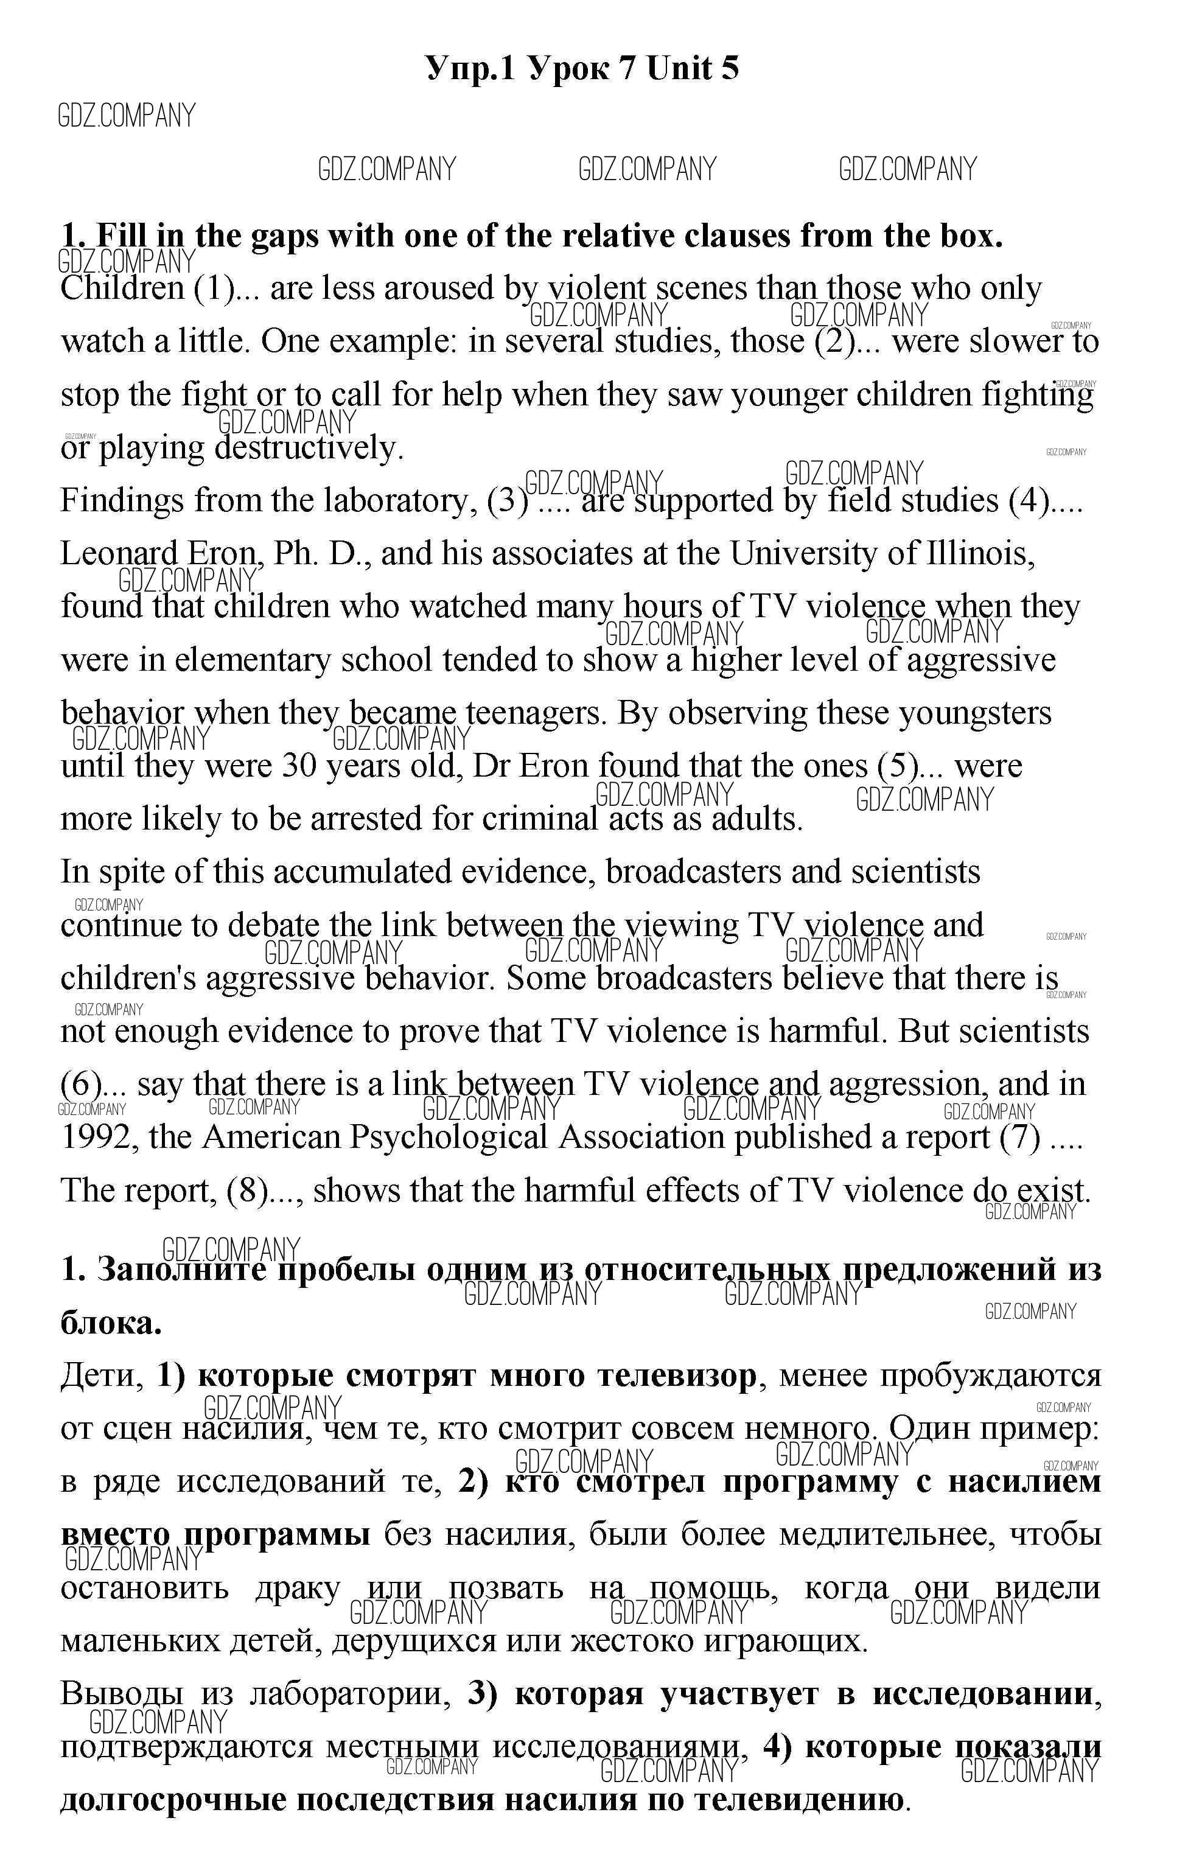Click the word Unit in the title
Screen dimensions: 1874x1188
click(679, 69)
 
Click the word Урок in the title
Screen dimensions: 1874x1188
click(568, 69)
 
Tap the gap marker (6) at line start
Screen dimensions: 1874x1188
click(81, 1084)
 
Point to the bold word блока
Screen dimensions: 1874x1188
click(111, 1322)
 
